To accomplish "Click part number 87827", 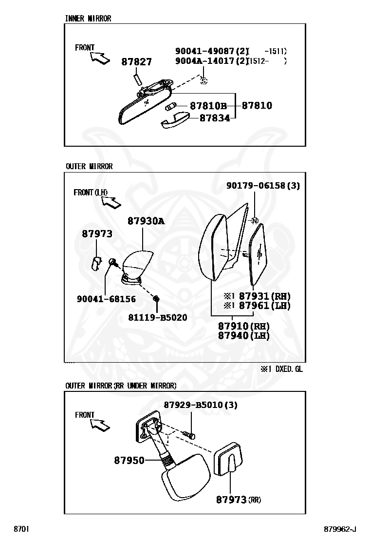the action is tap(136, 62).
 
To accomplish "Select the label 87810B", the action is tap(208, 106).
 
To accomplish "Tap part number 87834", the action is tap(215, 118).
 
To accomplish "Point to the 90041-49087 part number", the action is tap(205, 51).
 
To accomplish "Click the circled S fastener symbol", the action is tap(203, 81).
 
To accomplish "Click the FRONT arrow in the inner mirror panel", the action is tap(100, 58).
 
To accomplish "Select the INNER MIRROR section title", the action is tap(88, 19).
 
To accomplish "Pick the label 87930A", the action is tap(146, 221).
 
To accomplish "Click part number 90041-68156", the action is tap(106, 299).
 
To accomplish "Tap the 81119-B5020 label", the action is tap(158, 317).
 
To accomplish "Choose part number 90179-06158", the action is tap(256, 186).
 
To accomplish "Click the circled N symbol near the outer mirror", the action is tap(254, 220).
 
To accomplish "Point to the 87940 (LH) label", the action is tap(244, 335).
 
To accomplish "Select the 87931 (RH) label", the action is tap(265, 296).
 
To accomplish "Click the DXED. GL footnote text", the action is tap(289, 369).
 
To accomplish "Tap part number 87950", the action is tap(129, 461).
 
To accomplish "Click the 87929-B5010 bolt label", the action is tap(193, 405).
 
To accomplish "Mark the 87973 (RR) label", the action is tap(239, 500).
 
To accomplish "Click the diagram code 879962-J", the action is tap(340, 529).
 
